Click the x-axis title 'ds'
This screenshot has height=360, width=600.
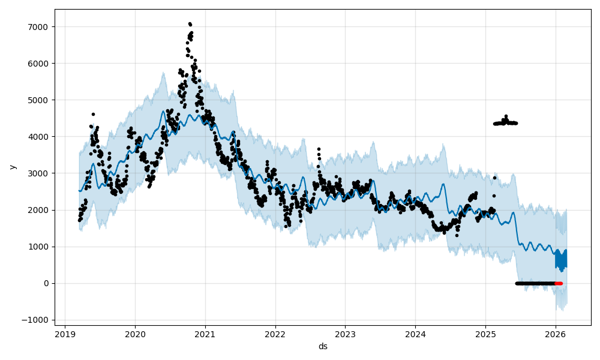click(323, 346)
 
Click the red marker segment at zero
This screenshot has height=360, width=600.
click(559, 283)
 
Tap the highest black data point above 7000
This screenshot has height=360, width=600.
click(190, 23)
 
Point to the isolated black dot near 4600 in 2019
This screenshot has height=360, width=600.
click(93, 114)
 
